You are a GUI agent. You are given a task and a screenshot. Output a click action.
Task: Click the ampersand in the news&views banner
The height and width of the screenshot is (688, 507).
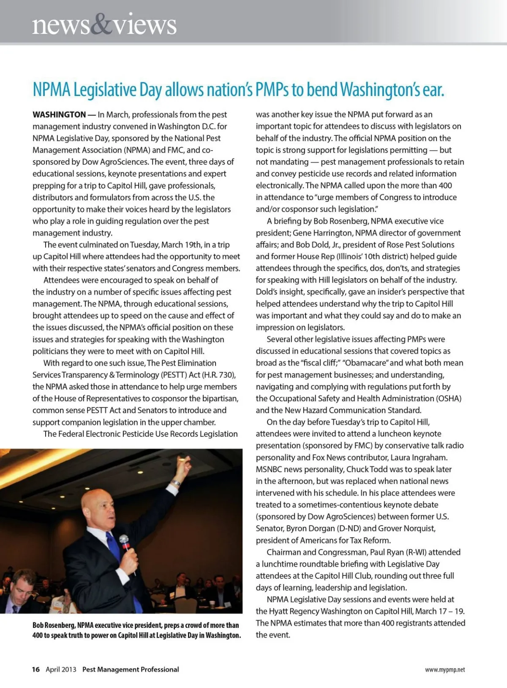(x=101, y=25)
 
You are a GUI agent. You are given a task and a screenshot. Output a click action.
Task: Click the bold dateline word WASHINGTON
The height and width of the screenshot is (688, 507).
(x=59, y=115)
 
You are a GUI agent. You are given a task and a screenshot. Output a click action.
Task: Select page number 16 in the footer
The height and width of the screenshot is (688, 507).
(x=36, y=669)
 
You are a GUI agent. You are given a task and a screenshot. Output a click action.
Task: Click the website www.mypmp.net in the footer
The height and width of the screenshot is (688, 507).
(x=445, y=670)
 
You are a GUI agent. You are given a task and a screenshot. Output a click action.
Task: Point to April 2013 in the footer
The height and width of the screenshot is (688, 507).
(x=61, y=669)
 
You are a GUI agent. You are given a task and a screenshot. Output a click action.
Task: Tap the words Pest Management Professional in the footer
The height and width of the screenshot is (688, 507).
(x=131, y=669)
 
